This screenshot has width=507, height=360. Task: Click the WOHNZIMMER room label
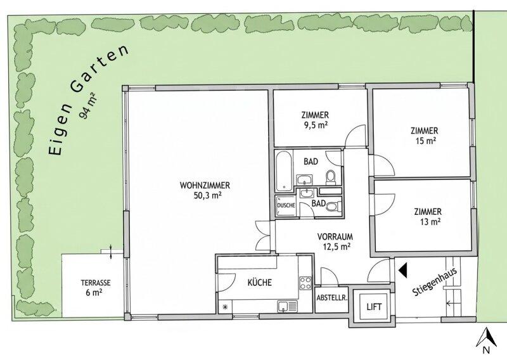pyautogui.click(x=205, y=186)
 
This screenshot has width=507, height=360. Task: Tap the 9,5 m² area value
pyautogui.click(x=315, y=124)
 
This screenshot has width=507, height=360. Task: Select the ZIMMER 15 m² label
pyautogui.click(x=424, y=136)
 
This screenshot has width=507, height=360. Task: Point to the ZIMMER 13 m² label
pyautogui.click(x=428, y=217)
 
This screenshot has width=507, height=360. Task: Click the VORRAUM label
pyautogui.click(x=335, y=236)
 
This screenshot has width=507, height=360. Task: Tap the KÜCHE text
pyautogui.click(x=260, y=283)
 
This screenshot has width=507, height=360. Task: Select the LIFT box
pyautogui.click(x=374, y=307)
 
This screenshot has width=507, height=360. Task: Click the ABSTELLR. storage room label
pyautogui.click(x=332, y=298)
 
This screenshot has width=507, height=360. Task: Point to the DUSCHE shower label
pyautogui.click(x=286, y=205)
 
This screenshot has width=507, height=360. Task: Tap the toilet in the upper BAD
pyautogui.click(x=331, y=177)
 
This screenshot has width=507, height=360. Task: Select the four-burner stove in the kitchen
pyautogui.click(x=305, y=283)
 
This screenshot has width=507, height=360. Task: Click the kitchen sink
pyautogui.click(x=287, y=307)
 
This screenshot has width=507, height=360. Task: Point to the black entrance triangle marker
pyautogui.click(x=403, y=270)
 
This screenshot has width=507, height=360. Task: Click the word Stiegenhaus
pyautogui.click(x=435, y=282)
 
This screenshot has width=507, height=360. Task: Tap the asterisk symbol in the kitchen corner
pyautogui.click(x=225, y=307)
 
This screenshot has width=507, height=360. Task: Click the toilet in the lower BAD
pyautogui.click(x=333, y=207)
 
